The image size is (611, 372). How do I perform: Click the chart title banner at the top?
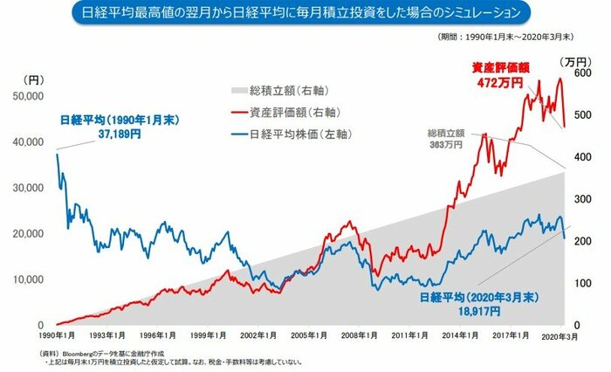(305, 14)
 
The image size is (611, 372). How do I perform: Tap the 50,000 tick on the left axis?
(31, 96)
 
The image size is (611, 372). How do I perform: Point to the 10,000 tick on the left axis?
(31, 279)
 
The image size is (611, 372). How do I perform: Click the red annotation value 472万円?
(500, 82)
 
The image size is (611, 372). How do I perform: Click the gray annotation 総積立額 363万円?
(445, 138)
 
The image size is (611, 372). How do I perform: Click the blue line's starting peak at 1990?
(57, 155)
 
